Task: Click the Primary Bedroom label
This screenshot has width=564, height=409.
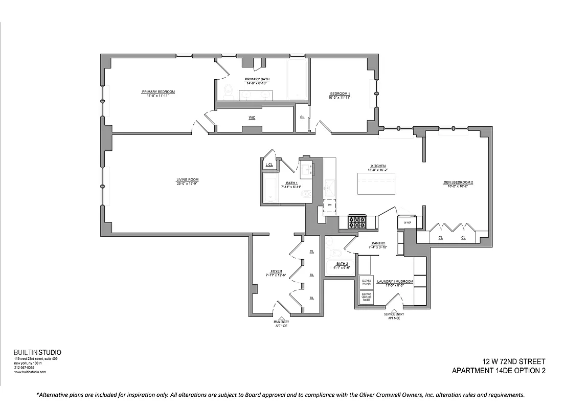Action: [x=159, y=92]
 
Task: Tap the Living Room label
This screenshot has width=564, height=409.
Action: [x=187, y=179]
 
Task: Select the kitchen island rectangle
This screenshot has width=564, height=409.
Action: [x=376, y=184]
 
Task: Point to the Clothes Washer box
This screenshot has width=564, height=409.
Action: [x=366, y=282]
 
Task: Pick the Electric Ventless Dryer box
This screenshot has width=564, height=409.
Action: [x=366, y=298]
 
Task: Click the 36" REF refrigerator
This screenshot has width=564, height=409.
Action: [x=408, y=222]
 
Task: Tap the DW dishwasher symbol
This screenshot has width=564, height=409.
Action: [x=330, y=205]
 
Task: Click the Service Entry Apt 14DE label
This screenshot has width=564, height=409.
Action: [x=394, y=316]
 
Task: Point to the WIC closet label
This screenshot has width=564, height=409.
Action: [x=252, y=118]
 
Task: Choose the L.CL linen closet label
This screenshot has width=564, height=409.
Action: [x=269, y=165]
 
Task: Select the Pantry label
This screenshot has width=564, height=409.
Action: [x=378, y=243]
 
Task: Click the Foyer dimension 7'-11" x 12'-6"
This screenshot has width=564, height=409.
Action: [x=277, y=276]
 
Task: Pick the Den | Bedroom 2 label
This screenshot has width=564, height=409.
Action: [x=458, y=183]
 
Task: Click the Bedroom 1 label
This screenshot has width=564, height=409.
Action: [x=340, y=94]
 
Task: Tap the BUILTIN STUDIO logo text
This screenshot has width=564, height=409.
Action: [x=37, y=352]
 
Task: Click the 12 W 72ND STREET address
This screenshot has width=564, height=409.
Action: [x=514, y=361]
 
